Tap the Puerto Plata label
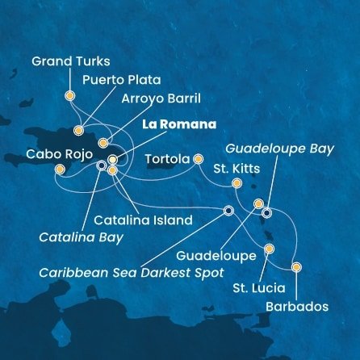(119, 80)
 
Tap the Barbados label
(295, 307)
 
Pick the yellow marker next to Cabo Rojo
(59, 169)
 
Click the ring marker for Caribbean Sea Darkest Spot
(228, 211)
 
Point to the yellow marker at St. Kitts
(237, 185)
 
